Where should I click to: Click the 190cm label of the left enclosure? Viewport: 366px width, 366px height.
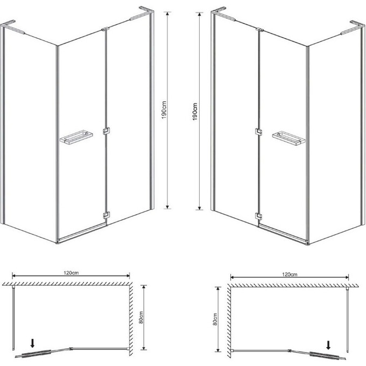(x=164, y=110)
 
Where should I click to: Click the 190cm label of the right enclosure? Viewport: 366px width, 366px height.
(x=195, y=111)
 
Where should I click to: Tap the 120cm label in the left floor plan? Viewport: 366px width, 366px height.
(x=71, y=273)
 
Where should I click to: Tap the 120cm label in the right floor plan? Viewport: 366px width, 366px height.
(x=290, y=274)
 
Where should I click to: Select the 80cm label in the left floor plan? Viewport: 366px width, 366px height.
(x=141, y=318)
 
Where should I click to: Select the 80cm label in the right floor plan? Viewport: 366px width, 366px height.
(x=215, y=319)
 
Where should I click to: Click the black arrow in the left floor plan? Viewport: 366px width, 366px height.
(x=32, y=343)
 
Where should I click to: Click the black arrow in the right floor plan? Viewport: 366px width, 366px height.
(x=328, y=345)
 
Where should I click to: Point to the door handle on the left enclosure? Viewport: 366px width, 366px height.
(x=76, y=138)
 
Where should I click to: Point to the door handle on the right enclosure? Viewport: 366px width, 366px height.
(x=288, y=139)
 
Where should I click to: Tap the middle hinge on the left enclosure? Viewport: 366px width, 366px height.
(x=106, y=131)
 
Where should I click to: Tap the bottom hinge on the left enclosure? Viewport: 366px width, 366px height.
(x=106, y=215)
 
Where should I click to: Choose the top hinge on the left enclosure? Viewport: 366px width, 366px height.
(x=105, y=30)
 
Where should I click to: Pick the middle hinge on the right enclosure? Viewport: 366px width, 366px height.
(x=258, y=132)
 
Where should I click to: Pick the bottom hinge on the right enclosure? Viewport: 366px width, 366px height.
(x=258, y=216)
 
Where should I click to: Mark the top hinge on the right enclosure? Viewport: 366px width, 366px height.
(x=259, y=30)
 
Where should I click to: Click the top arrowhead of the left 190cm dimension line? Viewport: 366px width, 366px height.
(x=167, y=13)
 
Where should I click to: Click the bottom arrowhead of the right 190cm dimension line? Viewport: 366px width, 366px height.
(x=199, y=208)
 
